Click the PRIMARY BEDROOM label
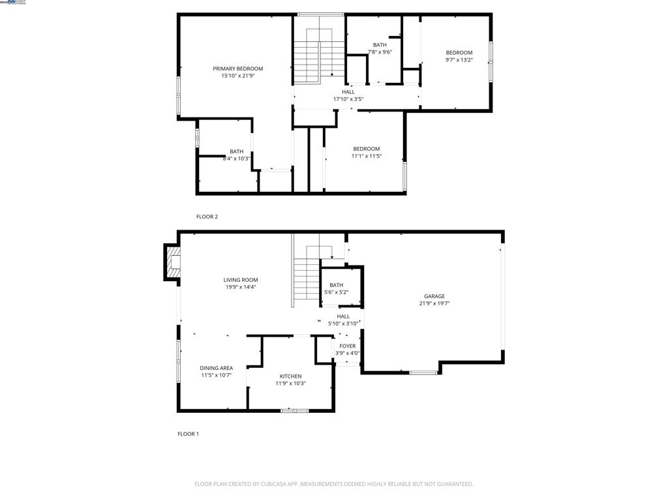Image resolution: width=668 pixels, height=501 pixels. tap(237, 68)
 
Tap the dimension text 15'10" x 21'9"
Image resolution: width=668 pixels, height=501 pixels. tap(237, 76)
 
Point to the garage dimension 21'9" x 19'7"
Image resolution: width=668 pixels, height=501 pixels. tap(434, 303)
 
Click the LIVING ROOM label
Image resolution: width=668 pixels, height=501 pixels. tap(241, 280)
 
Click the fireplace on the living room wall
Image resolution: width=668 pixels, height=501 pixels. tap(172, 262)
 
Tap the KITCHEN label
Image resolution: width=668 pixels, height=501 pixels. tap(290, 376)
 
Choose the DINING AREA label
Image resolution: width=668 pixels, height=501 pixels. tap(216, 368)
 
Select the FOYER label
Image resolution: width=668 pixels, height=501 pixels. tap(347, 346)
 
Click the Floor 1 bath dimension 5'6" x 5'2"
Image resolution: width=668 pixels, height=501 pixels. tap(336, 292)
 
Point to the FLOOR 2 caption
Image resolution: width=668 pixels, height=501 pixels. tap(207, 217)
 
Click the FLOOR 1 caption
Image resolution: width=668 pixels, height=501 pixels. tap(188, 434)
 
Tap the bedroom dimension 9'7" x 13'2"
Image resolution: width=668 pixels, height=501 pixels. tap(459, 60)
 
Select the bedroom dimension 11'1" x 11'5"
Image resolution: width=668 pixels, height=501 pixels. tap(366, 156)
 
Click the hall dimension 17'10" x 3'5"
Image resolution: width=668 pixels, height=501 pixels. tap(348, 99)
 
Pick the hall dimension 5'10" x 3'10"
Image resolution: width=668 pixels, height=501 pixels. tap(343, 324)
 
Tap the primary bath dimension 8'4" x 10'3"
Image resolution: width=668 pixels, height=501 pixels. tap(236, 159)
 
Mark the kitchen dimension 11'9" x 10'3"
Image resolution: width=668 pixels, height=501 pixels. tap(290, 384)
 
